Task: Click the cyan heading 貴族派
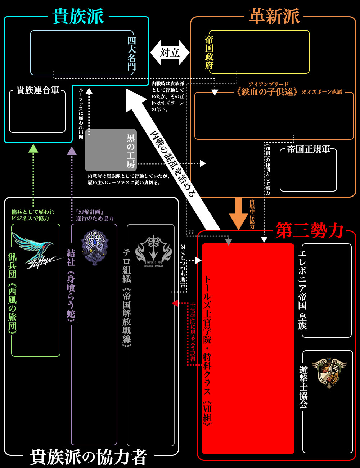(x=78, y=17)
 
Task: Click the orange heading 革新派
(x=274, y=17)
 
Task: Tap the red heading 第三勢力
(x=310, y=230)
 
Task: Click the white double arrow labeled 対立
(x=170, y=53)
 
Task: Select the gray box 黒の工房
(x=111, y=150)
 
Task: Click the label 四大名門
(x=132, y=53)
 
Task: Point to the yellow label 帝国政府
(x=209, y=53)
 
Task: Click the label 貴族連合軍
(x=38, y=90)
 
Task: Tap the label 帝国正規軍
(x=309, y=149)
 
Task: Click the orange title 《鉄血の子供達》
(x=267, y=92)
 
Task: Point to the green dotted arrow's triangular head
(x=33, y=148)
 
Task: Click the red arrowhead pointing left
(x=175, y=303)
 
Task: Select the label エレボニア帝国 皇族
(x=302, y=290)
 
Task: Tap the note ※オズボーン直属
(x=321, y=92)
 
